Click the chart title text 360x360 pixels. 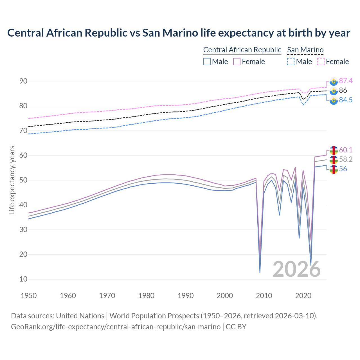pyautogui.click(x=179, y=33)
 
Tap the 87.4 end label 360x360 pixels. pyautogui.click(x=346, y=81)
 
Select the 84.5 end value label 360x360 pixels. pyautogui.click(x=346, y=100)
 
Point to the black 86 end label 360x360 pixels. pyautogui.click(x=343, y=90)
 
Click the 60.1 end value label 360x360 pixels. pyautogui.click(x=346, y=150)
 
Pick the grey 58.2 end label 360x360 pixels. pyautogui.click(x=346, y=159)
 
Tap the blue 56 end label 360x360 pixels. pyautogui.click(x=343, y=169)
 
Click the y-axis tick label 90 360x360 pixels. pyautogui.click(x=23, y=81)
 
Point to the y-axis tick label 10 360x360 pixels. pyautogui.click(x=23, y=279)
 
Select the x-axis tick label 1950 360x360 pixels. pyautogui.click(x=29, y=296)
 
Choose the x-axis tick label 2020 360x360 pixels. pyautogui.click(x=303, y=296)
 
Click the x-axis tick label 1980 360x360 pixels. pyautogui.click(x=147, y=296)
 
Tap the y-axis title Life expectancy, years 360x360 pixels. pyautogui.click(x=12, y=180)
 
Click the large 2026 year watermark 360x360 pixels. pyautogui.click(x=297, y=269)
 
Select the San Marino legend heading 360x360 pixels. pyautogui.click(x=305, y=50)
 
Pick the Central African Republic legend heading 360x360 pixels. pyautogui.click(x=242, y=50)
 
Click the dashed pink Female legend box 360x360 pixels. pyautogui.click(x=321, y=62)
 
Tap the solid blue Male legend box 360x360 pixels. pyautogui.click(x=207, y=62)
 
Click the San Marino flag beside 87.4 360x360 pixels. pyautogui.click(x=334, y=81)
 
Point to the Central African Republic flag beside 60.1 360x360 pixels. pyautogui.click(x=334, y=150)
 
